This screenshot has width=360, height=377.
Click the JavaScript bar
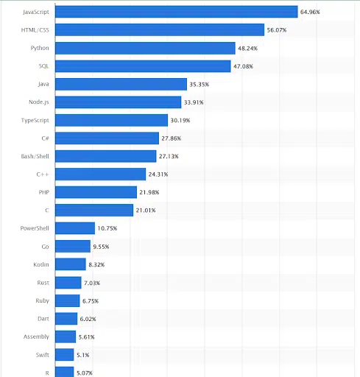[x=177, y=12]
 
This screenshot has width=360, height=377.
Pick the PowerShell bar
[x=76, y=228]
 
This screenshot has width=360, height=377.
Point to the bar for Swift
[x=65, y=355]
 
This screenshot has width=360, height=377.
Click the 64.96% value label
[x=310, y=12]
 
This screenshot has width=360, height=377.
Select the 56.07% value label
[x=277, y=30]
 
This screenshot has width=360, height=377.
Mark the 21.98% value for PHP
[x=150, y=192]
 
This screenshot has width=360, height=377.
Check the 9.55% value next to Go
[x=101, y=247]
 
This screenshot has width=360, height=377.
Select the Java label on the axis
[x=43, y=84]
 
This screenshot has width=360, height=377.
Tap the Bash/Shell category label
[x=35, y=156]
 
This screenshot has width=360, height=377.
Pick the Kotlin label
[x=41, y=264]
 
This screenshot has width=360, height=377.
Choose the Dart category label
[x=43, y=319]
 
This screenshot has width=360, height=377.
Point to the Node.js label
[x=38, y=102]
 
